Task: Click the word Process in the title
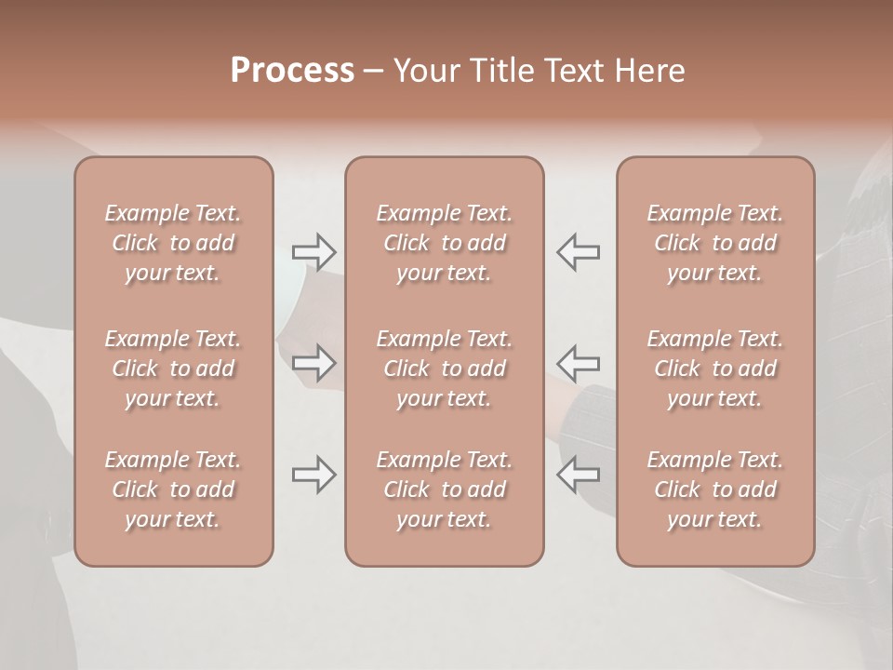pyautogui.click(x=292, y=71)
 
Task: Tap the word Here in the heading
pyautogui.click(x=651, y=71)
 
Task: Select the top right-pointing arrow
pyautogui.click(x=314, y=251)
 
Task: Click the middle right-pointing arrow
pyautogui.click(x=314, y=362)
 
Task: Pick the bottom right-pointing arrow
pyautogui.click(x=314, y=475)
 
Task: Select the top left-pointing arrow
pyautogui.click(x=579, y=251)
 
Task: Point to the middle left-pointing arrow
pyautogui.click(x=579, y=362)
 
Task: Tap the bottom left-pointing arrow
pyautogui.click(x=579, y=475)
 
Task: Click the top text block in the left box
pyautogui.click(x=173, y=243)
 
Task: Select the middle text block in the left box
pyautogui.click(x=173, y=368)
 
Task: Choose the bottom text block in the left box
pyautogui.click(x=173, y=489)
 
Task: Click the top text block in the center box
pyautogui.click(x=445, y=243)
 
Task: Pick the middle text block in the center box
pyautogui.click(x=445, y=368)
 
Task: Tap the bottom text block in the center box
pyautogui.click(x=445, y=489)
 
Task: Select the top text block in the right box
pyautogui.click(x=715, y=243)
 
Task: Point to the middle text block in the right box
pyautogui.click(x=715, y=368)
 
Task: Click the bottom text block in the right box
pyautogui.click(x=715, y=489)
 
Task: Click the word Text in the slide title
pyautogui.click(x=573, y=71)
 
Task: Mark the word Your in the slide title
pyautogui.click(x=424, y=71)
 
